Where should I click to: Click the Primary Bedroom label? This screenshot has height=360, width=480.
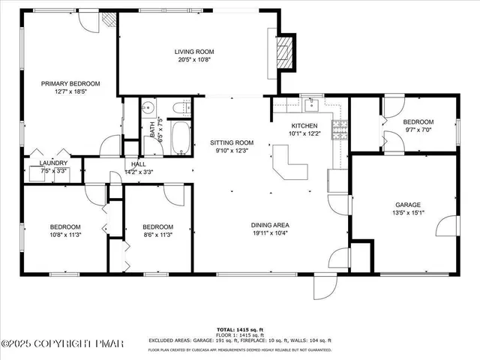point(70,84)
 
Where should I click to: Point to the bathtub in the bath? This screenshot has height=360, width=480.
point(180,138)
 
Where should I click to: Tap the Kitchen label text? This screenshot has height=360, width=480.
point(304,125)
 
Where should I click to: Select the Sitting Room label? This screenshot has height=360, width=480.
point(231,142)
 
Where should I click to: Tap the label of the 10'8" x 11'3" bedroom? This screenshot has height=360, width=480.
point(65,226)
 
